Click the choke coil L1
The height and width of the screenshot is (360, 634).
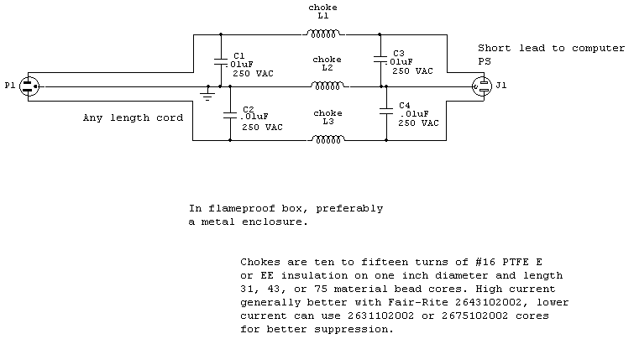click(x=323, y=34)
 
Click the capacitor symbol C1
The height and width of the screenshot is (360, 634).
click(x=220, y=60)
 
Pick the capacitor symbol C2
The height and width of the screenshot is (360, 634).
click(x=228, y=113)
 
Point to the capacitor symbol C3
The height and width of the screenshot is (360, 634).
click(x=380, y=60)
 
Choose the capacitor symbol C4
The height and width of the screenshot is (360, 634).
click(x=387, y=113)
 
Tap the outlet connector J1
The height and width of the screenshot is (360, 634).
click(x=482, y=86)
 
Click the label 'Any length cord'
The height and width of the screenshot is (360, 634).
click(x=133, y=118)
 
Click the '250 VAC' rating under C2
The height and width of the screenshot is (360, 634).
click(x=262, y=128)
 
